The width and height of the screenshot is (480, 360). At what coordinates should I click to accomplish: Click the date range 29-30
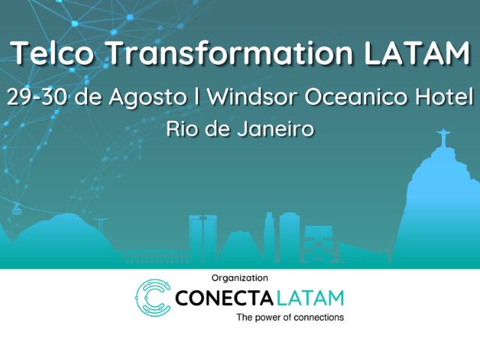(37, 97)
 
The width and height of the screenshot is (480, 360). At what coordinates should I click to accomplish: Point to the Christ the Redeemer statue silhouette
(443, 138)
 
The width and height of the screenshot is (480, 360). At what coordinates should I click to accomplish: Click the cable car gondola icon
(16, 209)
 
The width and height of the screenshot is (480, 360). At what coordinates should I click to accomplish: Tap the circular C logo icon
(153, 297)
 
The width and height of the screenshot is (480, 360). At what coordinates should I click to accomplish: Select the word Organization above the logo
(240, 278)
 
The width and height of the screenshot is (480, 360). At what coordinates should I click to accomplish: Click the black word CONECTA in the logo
(223, 298)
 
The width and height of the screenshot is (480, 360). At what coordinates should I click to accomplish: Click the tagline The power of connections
(290, 317)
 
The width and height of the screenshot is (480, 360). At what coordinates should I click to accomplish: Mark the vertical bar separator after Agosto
(196, 97)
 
